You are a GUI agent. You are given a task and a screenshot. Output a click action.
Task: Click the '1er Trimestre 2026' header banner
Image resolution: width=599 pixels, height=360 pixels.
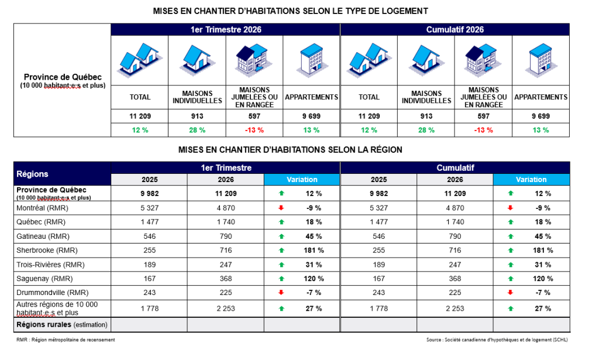225,29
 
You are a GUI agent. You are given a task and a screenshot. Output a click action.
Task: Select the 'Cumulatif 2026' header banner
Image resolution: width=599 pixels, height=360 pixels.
455,29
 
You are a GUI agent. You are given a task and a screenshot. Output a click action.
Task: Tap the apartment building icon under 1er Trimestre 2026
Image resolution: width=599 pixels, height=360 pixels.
311,59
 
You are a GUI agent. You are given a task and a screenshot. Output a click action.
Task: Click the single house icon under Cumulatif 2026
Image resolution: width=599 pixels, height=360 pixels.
426,59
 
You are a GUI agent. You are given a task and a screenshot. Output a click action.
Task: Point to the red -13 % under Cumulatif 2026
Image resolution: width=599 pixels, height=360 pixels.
483,130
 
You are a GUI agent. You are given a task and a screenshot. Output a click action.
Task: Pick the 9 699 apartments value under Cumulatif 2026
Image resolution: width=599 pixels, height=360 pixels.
541,116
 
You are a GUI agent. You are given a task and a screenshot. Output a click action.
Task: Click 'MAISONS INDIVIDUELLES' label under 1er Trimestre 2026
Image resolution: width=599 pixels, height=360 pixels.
197,97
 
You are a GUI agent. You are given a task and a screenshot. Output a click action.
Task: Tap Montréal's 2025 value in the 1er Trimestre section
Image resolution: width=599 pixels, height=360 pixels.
149,208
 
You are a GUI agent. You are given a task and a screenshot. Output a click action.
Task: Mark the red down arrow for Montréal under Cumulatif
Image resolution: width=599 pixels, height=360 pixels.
511,208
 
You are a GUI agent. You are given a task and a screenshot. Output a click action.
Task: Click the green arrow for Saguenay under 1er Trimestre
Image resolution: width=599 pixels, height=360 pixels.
281,279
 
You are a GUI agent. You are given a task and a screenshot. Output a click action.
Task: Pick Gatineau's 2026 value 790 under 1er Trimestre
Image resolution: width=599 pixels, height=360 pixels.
225,236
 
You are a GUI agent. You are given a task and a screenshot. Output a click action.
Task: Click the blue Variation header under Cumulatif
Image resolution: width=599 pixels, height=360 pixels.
531,180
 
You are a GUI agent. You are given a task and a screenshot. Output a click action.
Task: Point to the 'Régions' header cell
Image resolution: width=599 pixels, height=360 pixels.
33,174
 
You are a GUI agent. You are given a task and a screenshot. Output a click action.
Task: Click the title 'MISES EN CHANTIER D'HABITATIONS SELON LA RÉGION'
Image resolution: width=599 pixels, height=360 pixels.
290,150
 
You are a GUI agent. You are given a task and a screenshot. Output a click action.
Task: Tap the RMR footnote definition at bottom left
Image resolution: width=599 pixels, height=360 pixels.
66,340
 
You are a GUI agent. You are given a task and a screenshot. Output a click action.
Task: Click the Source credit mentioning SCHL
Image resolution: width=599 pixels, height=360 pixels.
497,340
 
